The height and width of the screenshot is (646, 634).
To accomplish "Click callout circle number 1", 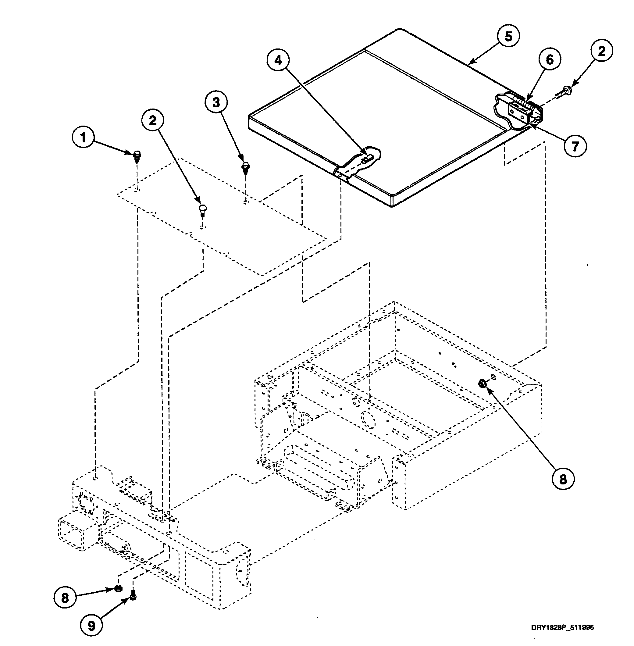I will click(x=83, y=137).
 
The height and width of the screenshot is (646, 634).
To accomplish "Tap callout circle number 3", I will click(x=216, y=102).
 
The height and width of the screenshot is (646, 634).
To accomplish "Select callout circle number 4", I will click(x=278, y=60).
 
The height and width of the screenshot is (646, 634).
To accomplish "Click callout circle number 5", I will click(x=508, y=36).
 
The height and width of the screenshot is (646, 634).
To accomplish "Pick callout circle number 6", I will click(x=550, y=60).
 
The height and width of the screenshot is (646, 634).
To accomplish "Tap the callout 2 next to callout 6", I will click(x=602, y=51).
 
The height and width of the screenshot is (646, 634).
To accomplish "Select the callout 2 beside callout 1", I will click(x=153, y=120).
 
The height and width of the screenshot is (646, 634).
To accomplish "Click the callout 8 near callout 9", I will click(x=65, y=598).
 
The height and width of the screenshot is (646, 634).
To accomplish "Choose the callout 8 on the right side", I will click(x=563, y=480).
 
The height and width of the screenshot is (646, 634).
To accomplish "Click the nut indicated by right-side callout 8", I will click(x=482, y=384).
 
